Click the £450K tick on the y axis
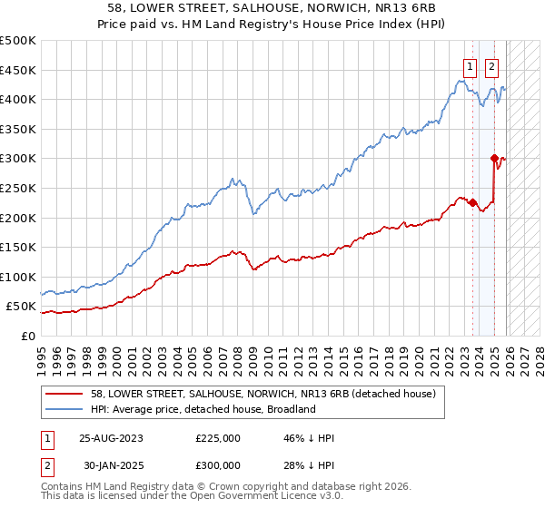point(18,70)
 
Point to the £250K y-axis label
point(18,188)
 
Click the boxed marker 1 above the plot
point(470,65)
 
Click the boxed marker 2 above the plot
point(491,65)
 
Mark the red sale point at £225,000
point(472,202)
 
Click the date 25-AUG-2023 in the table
point(112,438)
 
